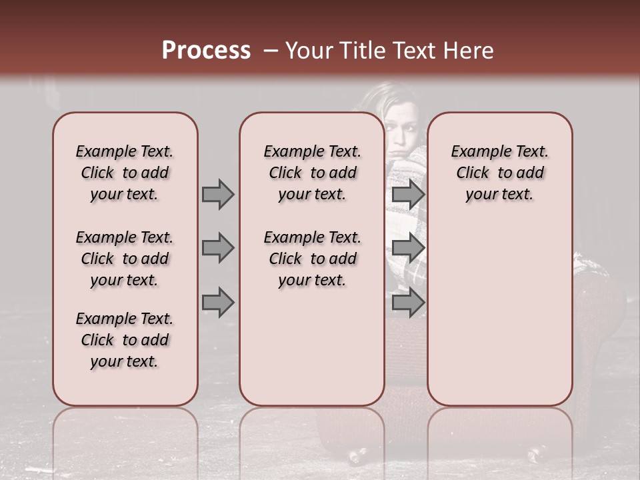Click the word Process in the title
tap(206, 50)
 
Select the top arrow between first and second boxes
tap(218, 194)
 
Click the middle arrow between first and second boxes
tap(218, 248)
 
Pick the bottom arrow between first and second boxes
tap(218, 303)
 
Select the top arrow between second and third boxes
tap(408, 194)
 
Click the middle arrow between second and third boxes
tap(408, 248)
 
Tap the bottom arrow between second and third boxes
tap(408, 303)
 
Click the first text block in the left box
tap(125, 173)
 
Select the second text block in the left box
tap(125, 259)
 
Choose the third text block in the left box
tap(125, 340)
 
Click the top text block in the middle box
tap(312, 173)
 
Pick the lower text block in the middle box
tap(312, 259)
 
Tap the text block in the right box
tap(499, 173)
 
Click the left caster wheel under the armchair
tap(356, 456)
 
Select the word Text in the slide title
tap(414, 50)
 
